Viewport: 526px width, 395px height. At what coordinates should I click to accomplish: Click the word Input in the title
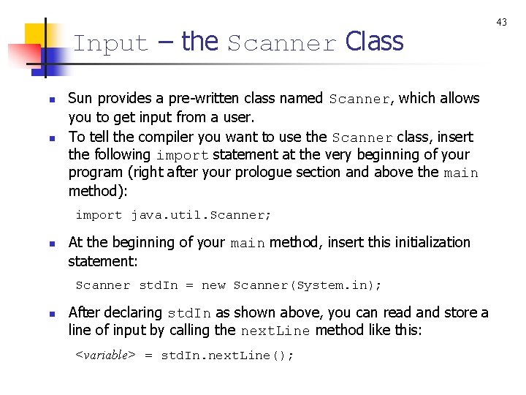pyautogui.click(x=110, y=44)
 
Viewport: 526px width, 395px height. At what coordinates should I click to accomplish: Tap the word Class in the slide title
pyautogui.click(x=374, y=42)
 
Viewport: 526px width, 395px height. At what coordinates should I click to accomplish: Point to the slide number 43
pyautogui.click(x=502, y=23)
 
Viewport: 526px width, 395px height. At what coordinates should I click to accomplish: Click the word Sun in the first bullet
pyautogui.click(x=80, y=98)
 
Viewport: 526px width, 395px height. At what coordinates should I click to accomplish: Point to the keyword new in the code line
pyautogui.click(x=213, y=285)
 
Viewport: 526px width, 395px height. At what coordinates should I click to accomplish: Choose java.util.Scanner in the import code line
pyautogui.click(x=201, y=215)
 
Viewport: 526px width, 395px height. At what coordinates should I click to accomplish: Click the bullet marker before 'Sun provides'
pyautogui.click(x=52, y=99)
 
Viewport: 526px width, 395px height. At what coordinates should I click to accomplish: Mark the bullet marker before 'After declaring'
pyautogui.click(x=52, y=313)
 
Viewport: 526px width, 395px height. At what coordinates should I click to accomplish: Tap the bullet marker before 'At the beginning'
pyautogui.click(x=52, y=243)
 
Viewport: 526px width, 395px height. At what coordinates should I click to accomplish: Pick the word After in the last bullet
pyautogui.click(x=85, y=312)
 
